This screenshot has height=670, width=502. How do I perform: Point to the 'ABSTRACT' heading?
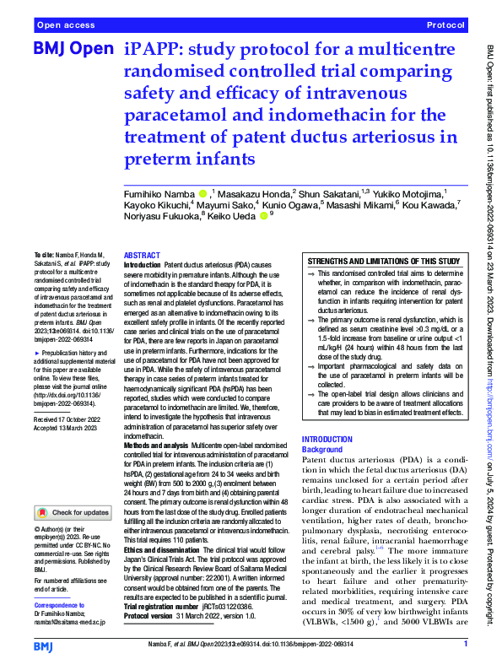pos(143,255)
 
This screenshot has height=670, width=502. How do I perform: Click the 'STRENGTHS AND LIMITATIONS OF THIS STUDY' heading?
pos(383,262)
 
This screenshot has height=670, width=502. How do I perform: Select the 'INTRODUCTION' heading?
pos(328,440)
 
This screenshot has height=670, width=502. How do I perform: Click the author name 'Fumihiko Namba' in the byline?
pos(161,194)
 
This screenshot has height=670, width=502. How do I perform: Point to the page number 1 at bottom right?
pos(465,645)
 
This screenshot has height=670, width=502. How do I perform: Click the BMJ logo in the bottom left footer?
pos(44,646)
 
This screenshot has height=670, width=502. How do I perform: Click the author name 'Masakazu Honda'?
pos(253,194)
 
